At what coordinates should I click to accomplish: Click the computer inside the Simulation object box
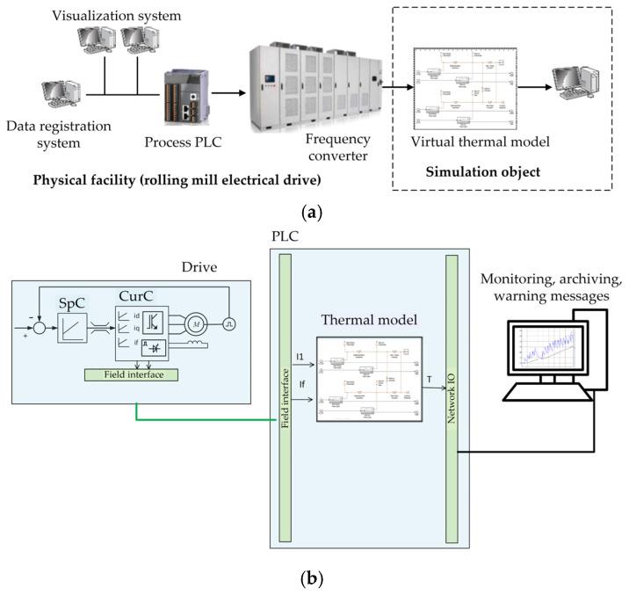575,89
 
